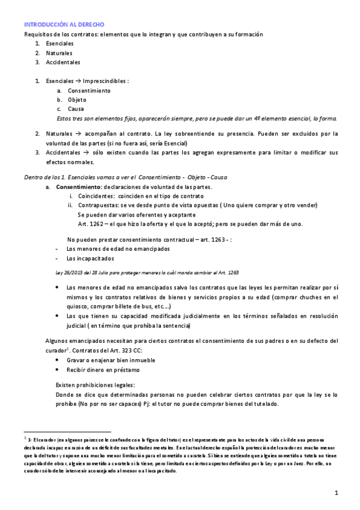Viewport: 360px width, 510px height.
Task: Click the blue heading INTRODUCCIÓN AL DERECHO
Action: pos(64,25)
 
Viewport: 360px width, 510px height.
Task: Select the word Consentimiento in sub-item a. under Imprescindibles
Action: pos(89,90)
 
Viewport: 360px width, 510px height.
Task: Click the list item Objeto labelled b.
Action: pos(77,99)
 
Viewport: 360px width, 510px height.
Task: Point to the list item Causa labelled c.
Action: pos(76,109)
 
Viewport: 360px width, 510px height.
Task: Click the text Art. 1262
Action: pos(91,225)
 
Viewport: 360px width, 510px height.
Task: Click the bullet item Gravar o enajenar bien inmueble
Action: pos(108,360)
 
